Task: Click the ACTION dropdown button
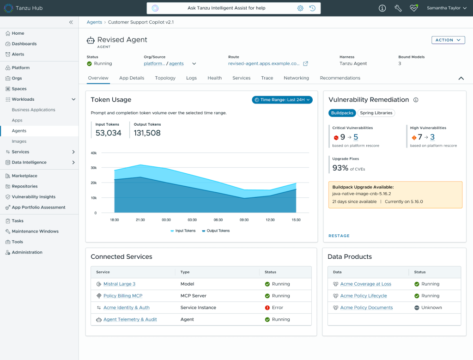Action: [x=448, y=40]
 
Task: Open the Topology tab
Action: [x=165, y=78]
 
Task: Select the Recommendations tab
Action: [x=340, y=78]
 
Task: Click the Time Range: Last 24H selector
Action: [x=282, y=100]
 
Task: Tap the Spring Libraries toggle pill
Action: [x=376, y=113]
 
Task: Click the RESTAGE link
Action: [x=339, y=236]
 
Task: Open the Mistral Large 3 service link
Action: [x=120, y=284]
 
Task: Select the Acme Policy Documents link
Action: [x=366, y=307]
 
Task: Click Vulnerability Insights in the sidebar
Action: [x=33, y=197]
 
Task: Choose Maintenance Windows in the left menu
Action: [x=35, y=231]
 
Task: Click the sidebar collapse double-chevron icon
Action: [x=71, y=22]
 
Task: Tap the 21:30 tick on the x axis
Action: [x=140, y=220]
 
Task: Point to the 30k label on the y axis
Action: [x=93, y=168]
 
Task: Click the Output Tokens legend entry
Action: [x=216, y=231]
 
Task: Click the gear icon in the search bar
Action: [x=300, y=8]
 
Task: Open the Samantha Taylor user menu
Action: [x=447, y=8]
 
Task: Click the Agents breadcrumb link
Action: [x=94, y=22]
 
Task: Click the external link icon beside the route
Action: [x=306, y=63]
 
